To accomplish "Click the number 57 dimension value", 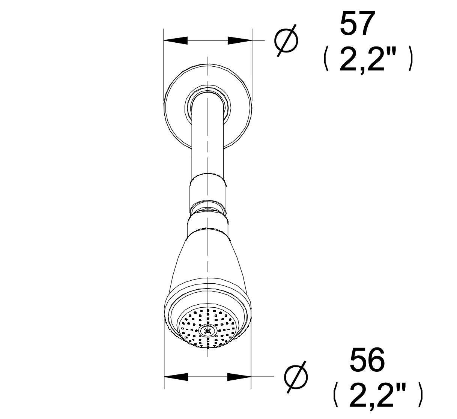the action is pos(357,24).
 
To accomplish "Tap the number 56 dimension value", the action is pos(367,360).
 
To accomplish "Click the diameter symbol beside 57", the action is pos(286,40).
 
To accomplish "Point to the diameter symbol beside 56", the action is pos(296,377).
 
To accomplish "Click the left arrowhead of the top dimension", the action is pos(176,40).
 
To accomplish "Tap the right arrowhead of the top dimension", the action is pos(240,40).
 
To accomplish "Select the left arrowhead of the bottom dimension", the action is pos(176,377).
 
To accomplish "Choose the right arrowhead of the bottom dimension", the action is pos(239,377).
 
